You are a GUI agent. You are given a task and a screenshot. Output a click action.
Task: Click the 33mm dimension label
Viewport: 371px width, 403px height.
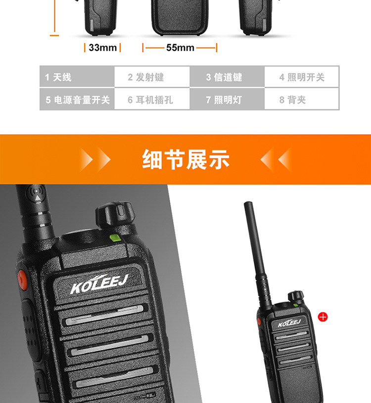point(103,48)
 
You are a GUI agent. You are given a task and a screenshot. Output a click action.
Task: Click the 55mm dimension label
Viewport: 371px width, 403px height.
point(180,48)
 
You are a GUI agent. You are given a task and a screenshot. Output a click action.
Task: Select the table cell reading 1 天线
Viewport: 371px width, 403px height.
point(77,77)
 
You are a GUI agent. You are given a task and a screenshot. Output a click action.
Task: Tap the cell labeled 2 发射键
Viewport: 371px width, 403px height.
point(152,77)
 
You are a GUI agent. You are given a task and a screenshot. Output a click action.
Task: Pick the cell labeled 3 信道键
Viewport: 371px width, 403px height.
point(227,77)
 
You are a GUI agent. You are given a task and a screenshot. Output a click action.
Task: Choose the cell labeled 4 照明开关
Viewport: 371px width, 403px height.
point(302,77)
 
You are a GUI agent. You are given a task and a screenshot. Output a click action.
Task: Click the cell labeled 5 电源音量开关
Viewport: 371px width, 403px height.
point(77,99)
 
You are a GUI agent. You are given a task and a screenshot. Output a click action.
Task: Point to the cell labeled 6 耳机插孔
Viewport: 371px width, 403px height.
point(152,99)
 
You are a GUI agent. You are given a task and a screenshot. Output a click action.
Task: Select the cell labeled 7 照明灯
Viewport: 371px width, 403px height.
point(227,99)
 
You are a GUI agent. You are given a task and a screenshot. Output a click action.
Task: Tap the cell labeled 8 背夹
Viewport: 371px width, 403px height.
point(302,99)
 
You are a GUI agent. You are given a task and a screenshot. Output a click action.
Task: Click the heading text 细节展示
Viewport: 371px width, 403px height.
point(185,159)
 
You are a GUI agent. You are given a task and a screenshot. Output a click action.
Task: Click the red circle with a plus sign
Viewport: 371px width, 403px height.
point(323,317)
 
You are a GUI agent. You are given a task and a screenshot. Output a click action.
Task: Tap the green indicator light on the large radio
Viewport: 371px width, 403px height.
point(116,238)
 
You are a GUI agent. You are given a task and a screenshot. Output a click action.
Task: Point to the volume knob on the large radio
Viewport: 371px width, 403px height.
point(115,214)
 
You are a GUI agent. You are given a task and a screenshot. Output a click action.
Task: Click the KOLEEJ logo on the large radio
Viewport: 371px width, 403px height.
point(99,284)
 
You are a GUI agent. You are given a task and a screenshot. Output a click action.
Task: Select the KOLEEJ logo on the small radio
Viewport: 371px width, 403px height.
point(289,323)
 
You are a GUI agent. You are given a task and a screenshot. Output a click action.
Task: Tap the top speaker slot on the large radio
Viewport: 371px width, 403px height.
point(104,315)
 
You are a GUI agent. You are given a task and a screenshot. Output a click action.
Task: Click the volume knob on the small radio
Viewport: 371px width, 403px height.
point(295,297)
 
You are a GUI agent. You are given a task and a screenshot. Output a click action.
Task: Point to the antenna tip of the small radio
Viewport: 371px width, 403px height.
point(248,203)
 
